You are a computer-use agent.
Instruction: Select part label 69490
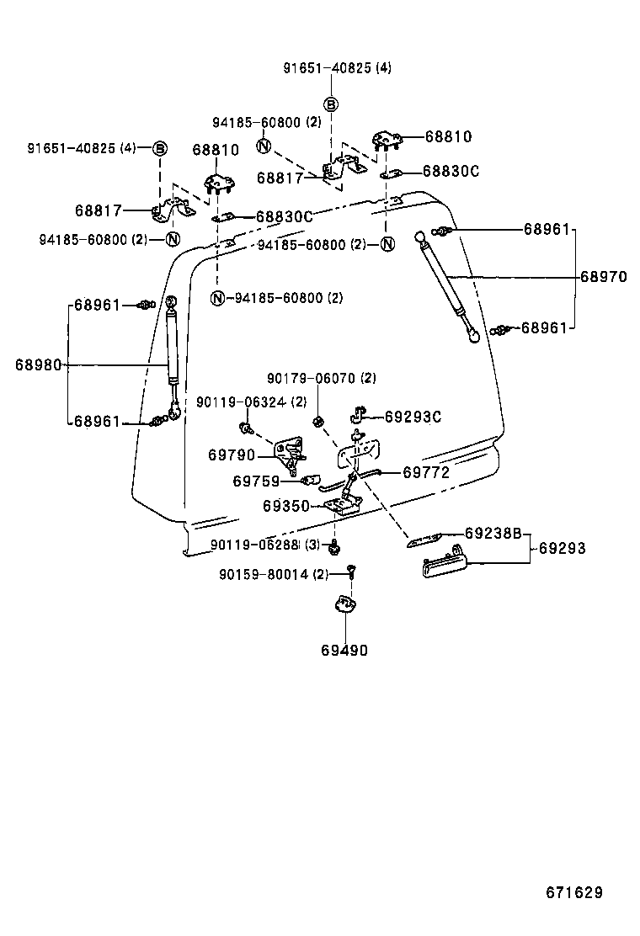coord(344,650)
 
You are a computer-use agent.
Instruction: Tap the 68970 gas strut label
coord(603,276)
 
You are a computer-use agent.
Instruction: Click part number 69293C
coord(413,416)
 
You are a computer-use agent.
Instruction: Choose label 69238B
coord(493,533)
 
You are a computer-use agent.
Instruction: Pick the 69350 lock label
coord(286,506)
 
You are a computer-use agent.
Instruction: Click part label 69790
coord(232,455)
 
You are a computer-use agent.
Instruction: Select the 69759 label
coord(256,481)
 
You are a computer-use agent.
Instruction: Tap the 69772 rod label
coord(425,473)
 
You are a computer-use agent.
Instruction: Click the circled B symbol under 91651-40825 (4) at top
coord(331,104)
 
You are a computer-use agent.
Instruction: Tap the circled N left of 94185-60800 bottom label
coord(218,298)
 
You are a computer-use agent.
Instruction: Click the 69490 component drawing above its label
coord(344,604)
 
